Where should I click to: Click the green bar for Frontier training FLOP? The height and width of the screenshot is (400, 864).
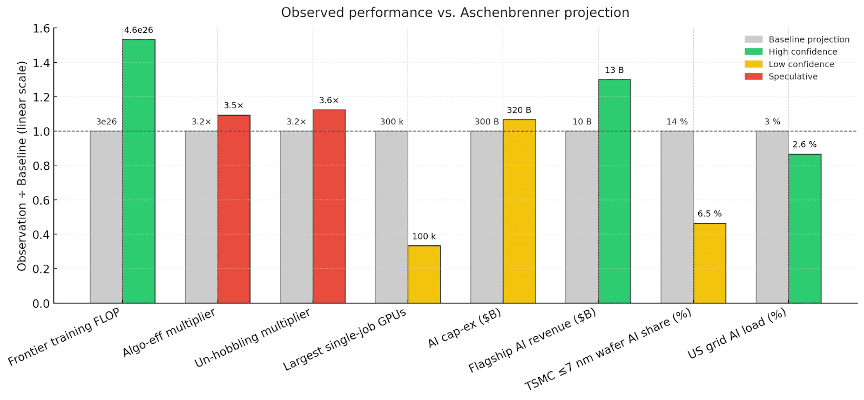(139, 171)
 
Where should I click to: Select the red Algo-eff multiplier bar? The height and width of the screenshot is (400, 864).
(234, 209)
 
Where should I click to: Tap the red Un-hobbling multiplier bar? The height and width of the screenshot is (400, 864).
(329, 206)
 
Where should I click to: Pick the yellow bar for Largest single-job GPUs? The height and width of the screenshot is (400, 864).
(424, 275)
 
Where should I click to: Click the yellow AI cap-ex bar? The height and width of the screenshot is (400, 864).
(519, 211)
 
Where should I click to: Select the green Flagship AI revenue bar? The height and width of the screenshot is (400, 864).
(615, 191)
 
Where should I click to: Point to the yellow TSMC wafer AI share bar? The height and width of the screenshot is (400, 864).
(710, 263)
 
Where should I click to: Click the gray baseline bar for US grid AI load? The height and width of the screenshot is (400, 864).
(772, 217)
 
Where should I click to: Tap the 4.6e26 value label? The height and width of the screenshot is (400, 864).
(139, 30)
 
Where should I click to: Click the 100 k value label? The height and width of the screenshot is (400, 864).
(424, 236)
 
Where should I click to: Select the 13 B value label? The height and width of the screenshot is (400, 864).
(615, 70)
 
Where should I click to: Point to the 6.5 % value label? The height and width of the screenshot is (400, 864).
(710, 214)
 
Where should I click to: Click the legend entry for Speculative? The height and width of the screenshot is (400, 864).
(793, 77)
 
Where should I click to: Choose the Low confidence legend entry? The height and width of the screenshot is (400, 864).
(801, 64)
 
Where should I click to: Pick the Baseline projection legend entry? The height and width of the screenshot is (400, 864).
(809, 39)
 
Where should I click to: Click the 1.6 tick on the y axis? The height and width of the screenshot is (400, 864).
(41, 29)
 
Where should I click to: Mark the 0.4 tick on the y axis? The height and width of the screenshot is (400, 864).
(41, 235)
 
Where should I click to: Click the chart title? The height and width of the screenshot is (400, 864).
(455, 12)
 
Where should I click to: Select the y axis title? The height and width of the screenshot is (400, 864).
(22, 166)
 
